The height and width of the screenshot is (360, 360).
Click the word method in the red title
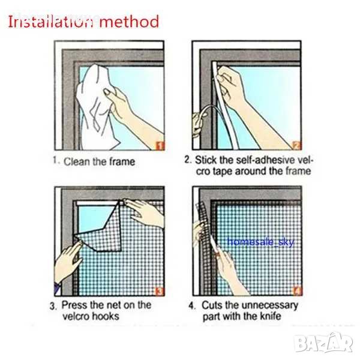[129, 22]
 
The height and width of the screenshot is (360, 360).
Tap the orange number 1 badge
[160, 146]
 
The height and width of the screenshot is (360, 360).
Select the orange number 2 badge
[296, 145]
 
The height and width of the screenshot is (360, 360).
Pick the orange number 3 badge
[160, 292]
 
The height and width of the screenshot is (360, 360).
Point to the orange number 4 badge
[297, 291]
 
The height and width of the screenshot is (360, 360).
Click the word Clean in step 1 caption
[77, 161]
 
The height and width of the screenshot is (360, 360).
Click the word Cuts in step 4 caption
[212, 305]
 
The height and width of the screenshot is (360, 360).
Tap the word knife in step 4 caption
[270, 316]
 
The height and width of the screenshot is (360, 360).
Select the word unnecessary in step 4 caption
[270, 306]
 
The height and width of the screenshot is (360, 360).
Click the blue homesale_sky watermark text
[260, 242]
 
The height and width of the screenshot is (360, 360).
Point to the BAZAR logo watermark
[323, 343]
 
